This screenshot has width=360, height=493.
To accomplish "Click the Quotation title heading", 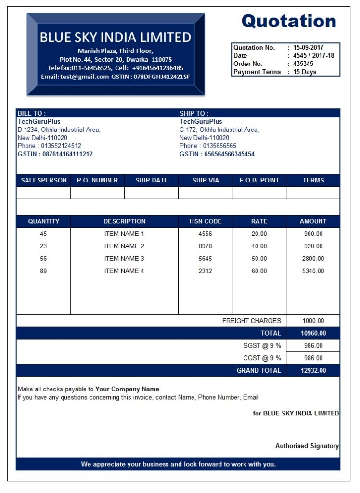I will pyautogui.click(x=288, y=21).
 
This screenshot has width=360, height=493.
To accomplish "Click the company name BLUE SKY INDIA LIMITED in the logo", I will pyautogui.click(x=116, y=37).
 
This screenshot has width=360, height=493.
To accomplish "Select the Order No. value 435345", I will pyautogui.click(x=303, y=64).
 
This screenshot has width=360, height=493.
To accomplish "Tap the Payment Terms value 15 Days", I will pyautogui.click(x=305, y=72).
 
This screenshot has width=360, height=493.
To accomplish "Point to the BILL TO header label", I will pyautogui.click(x=32, y=113).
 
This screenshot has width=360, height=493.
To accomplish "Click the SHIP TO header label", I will pyautogui.click(x=194, y=113).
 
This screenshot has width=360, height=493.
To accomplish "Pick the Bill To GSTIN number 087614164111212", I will pyautogui.click(x=68, y=154).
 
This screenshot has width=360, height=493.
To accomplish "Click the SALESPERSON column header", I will pyautogui.click(x=44, y=180).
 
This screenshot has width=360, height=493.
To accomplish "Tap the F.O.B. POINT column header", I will pyautogui.click(x=259, y=180).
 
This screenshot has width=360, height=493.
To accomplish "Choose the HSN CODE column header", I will pyautogui.click(x=206, y=221).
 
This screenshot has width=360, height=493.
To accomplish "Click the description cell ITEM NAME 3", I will pyautogui.click(x=124, y=259).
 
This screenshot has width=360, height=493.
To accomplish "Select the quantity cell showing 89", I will pyautogui.click(x=43, y=271).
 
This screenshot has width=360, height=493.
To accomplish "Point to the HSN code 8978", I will pyautogui.click(x=205, y=246).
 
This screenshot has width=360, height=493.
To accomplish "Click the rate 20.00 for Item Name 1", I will pyautogui.click(x=259, y=234).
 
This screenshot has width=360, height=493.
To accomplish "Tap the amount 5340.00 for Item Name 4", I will pyautogui.click(x=313, y=271).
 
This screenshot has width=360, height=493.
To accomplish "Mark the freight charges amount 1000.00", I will pyautogui.click(x=313, y=321).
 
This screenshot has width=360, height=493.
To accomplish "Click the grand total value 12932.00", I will pyautogui.click(x=313, y=370).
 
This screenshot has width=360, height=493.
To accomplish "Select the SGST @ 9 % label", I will pyautogui.click(x=262, y=346).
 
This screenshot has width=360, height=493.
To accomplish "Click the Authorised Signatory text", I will pyautogui.click(x=307, y=446).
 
